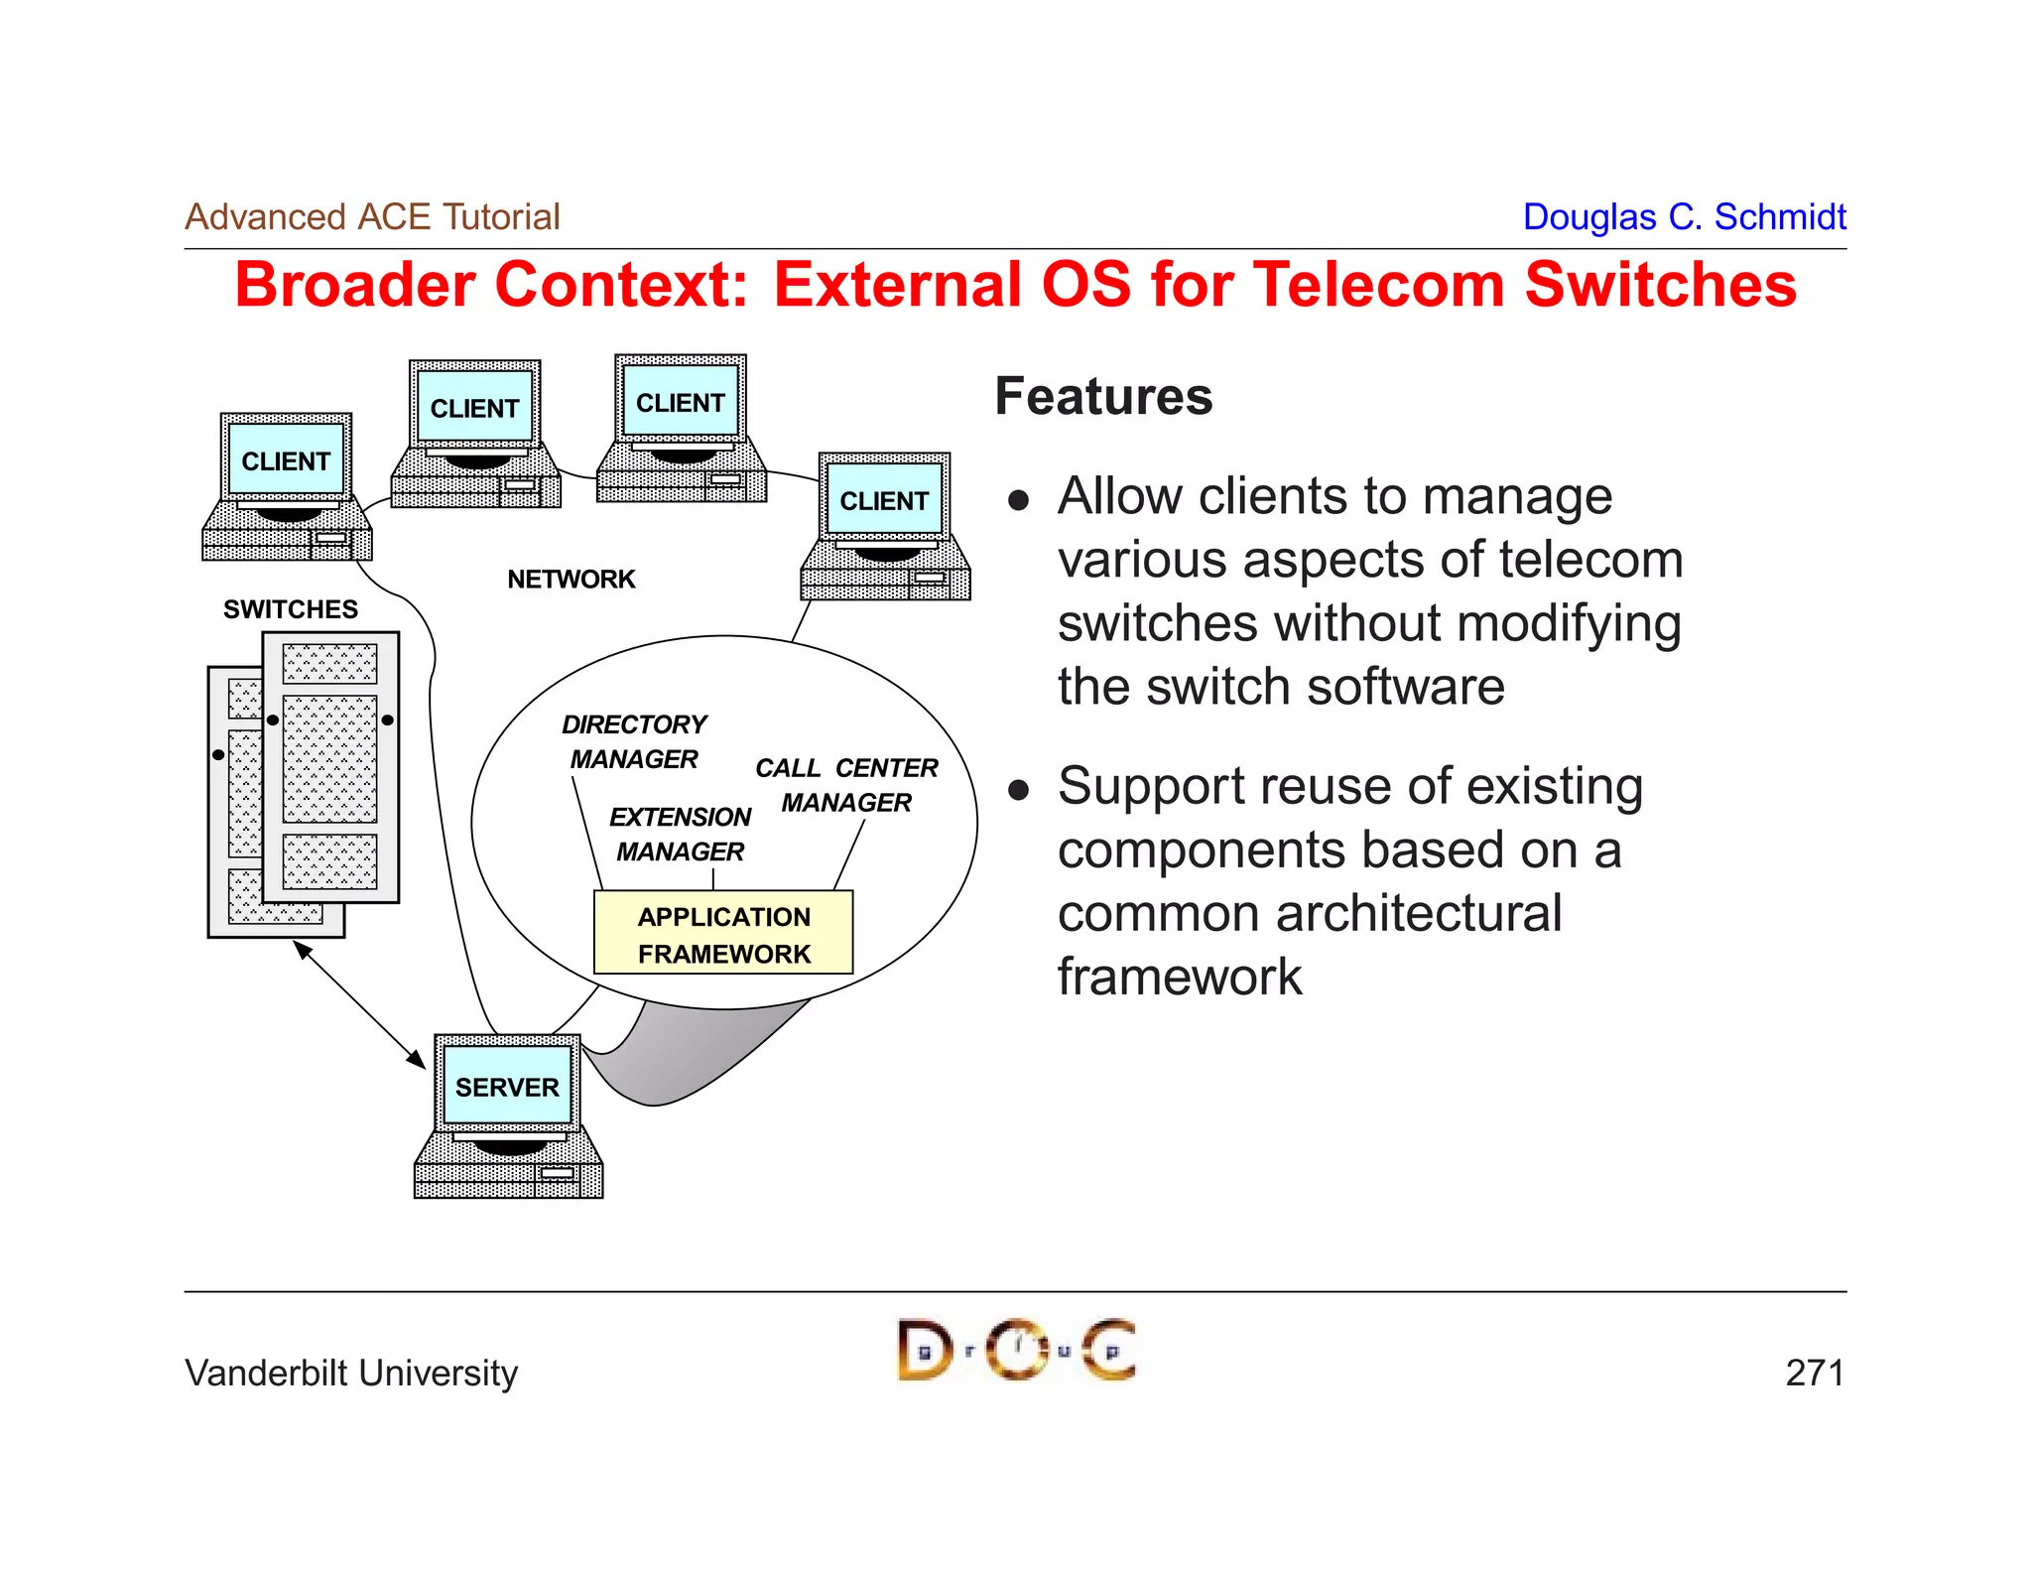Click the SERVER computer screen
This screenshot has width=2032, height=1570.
(x=507, y=1086)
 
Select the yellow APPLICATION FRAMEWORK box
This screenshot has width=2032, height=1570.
(x=723, y=933)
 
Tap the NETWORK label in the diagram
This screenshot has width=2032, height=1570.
(x=571, y=579)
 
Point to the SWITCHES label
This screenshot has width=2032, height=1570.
(x=290, y=608)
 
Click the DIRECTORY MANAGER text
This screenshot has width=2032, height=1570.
(x=634, y=741)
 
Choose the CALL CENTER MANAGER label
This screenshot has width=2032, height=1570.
(x=846, y=784)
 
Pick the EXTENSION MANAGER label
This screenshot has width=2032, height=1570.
(x=680, y=834)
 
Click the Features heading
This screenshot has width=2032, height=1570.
(x=1103, y=396)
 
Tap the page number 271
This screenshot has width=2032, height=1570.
(x=1814, y=1373)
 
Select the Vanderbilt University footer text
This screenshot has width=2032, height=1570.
(x=351, y=1373)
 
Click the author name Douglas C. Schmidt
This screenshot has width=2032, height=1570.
(x=1684, y=216)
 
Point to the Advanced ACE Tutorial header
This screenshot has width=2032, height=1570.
(x=372, y=216)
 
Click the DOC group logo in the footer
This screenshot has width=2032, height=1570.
(x=1016, y=1350)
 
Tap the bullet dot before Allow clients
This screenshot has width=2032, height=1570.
(x=1018, y=499)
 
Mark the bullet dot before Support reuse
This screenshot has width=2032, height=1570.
(x=1018, y=790)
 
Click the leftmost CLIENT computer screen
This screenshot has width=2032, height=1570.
(x=286, y=460)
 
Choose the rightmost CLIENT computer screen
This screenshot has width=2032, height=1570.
(x=884, y=500)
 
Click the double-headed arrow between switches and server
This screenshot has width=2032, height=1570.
(x=359, y=1004)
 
